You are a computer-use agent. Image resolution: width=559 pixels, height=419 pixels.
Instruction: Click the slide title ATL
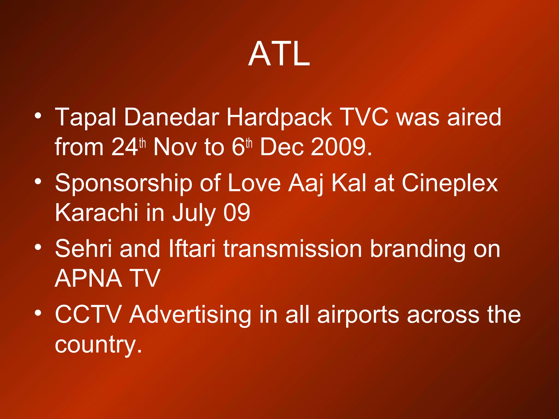click(x=279, y=54)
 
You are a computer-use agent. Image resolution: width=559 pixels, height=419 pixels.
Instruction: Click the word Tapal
click(x=86, y=117)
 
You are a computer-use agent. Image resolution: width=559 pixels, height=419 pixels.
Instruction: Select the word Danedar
click(x=172, y=117)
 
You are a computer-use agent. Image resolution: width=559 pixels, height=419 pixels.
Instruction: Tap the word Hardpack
click(x=279, y=117)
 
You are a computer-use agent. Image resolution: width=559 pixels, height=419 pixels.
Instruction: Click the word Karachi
click(x=96, y=213)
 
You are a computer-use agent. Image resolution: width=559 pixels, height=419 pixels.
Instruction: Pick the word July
click(x=194, y=213)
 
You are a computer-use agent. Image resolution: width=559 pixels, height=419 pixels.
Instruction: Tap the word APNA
click(x=88, y=278)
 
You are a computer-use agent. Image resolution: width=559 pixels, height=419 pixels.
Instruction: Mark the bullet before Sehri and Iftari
click(x=38, y=247)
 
